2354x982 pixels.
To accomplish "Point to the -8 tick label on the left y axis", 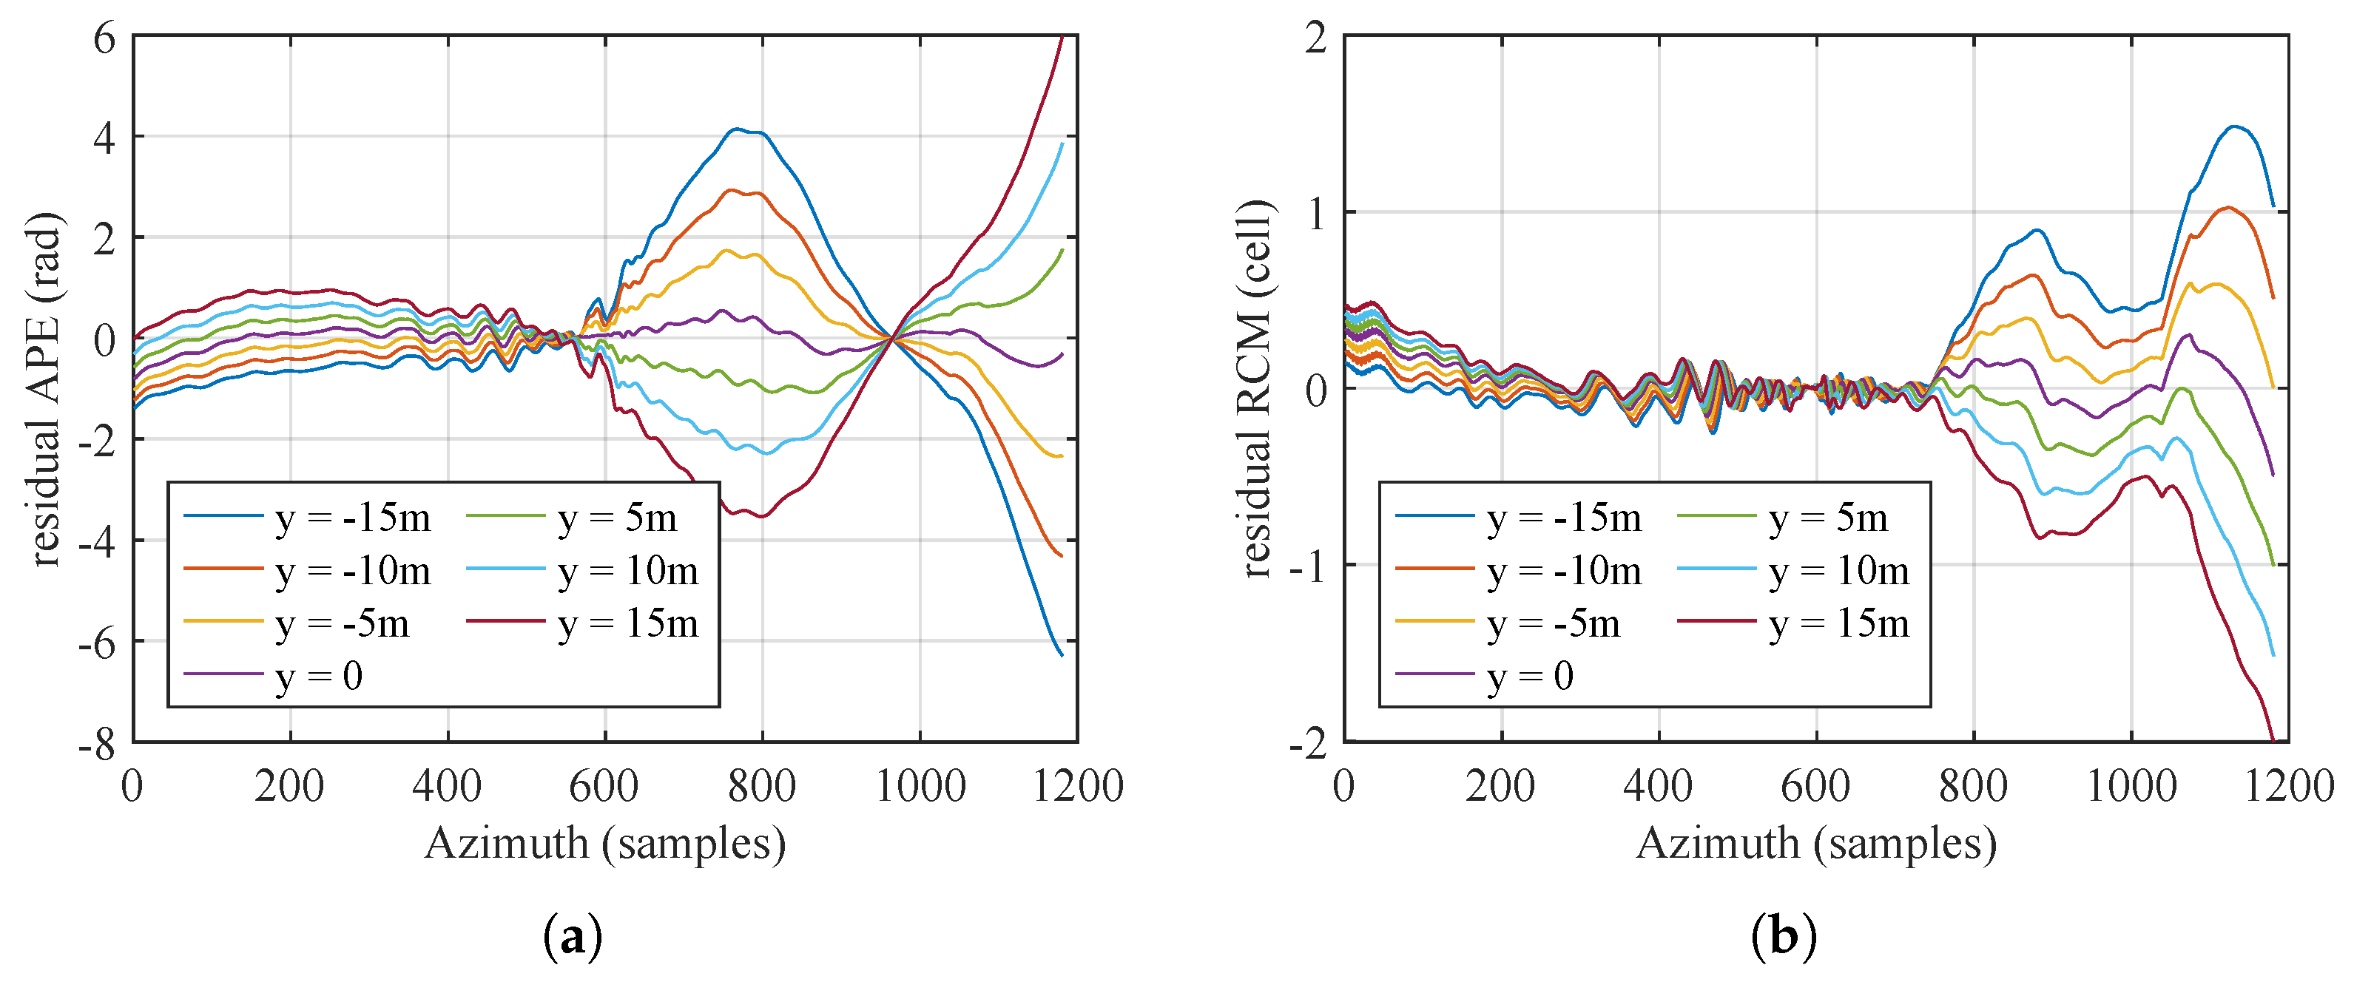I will [x=98, y=745].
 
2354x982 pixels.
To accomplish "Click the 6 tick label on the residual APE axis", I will [x=104, y=39].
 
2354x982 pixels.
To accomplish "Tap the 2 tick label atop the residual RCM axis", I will [x=1316, y=39].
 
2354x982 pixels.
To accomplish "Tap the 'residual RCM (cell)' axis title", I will [x=1256, y=390].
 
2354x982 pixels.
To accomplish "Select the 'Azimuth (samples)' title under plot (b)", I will [x=1815, y=843].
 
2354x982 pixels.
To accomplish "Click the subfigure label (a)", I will [x=573, y=936].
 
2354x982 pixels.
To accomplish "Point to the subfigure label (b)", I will [x=1784, y=936].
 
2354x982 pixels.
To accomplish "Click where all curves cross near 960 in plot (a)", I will [x=891, y=338].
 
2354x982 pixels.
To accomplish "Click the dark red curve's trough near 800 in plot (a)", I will [x=761, y=516].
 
